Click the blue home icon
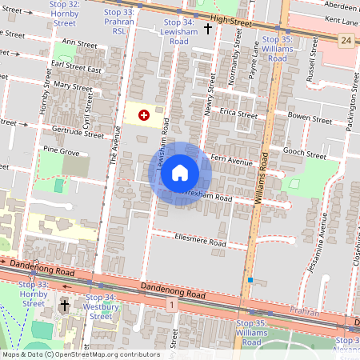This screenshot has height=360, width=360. [x=180, y=173]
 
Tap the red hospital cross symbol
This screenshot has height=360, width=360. [x=144, y=115]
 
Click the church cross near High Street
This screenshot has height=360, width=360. [x=208, y=29]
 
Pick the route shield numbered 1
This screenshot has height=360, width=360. [x=170, y=305]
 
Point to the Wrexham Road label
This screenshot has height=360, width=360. [x=209, y=196]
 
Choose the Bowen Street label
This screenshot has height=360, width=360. [x=310, y=119]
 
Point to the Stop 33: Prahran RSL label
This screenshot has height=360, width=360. [x=119, y=22]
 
